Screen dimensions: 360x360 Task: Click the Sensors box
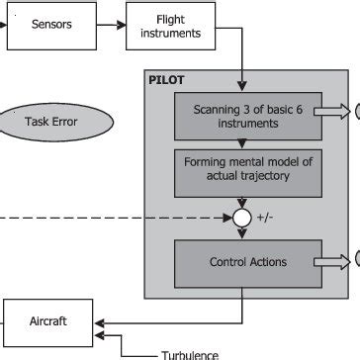point(51,25)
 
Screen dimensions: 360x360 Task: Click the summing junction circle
point(240,218)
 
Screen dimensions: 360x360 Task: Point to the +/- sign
point(266,218)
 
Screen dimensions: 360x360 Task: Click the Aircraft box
point(49,321)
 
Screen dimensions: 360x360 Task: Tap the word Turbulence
point(188,353)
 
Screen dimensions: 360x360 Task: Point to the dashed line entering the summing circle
point(119,218)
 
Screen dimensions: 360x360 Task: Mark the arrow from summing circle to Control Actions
point(240,233)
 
